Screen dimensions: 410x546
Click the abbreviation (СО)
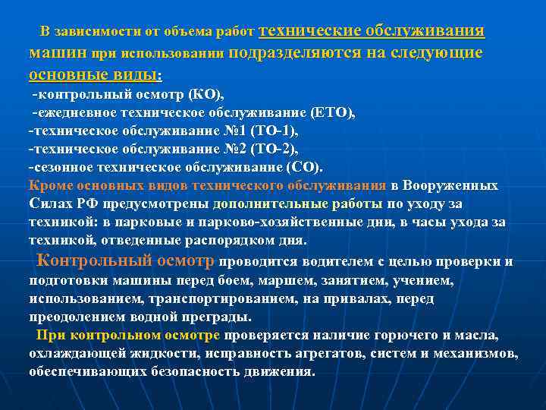pyautogui.click(x=304, y=167)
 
